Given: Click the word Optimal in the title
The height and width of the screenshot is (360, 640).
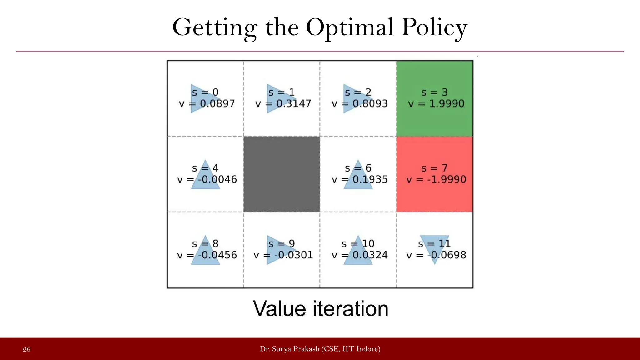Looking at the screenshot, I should tap(350, 27).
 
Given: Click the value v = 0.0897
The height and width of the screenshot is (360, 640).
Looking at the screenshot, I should tap(207, 103).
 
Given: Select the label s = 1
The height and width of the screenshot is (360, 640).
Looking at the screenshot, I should tap(281, 92).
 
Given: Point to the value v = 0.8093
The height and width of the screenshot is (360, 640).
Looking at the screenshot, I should tap(360, 103).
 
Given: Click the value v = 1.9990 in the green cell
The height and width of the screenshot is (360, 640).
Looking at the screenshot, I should tap(436, 103).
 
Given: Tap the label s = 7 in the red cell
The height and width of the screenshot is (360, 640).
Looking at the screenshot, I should tap(434, 168).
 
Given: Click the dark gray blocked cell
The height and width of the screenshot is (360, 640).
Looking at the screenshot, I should tap(282, 174).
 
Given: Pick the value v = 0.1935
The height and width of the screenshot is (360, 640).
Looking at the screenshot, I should tap(360, 179).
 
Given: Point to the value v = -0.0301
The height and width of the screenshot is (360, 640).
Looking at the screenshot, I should tap(283, 255).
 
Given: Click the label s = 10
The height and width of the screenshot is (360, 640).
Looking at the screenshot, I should tap(358, 243).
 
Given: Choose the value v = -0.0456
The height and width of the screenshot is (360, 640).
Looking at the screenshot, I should tap(207, 255).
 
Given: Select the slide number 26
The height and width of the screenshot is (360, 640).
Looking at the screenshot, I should tap(27, 349).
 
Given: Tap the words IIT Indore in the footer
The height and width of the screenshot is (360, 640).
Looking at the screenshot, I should tap(361, 349).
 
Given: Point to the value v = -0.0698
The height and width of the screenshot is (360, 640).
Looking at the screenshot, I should tap(436, 255).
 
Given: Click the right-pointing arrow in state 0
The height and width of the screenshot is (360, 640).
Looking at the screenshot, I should tap(200, 98).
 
